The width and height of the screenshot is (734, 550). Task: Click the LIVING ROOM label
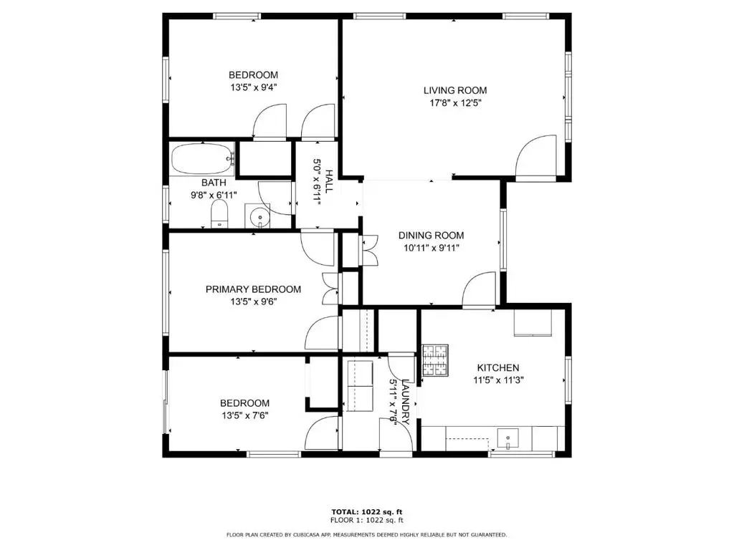point(455,90)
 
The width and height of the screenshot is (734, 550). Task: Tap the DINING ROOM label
point(431,236)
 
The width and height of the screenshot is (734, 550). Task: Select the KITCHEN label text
point(498,368)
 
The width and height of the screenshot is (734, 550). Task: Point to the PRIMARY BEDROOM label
point(253,289)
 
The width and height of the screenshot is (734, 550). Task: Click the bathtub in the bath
point(202,159)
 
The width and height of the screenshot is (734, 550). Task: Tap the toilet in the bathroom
point(219,214)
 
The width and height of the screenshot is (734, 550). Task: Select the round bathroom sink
point(258,216)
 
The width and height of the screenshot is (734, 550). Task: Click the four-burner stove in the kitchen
point(435,361)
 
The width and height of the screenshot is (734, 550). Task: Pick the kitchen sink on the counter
point(508,439)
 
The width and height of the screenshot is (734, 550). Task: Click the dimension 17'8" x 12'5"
point(455,103)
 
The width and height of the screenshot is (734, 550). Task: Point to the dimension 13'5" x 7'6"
point(245,415)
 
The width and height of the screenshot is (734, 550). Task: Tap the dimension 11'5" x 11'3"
point(498,380)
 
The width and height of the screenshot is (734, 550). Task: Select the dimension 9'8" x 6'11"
point(214,195)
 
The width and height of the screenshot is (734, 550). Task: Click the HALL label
point(329,181)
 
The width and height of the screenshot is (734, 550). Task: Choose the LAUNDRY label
point(406,402)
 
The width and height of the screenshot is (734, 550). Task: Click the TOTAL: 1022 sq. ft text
point(367,512)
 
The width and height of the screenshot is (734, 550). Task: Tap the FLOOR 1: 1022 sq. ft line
point(367,520)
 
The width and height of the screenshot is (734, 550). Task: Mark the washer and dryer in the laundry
point(359,386)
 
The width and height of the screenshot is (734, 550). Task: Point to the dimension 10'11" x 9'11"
point(431,248)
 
